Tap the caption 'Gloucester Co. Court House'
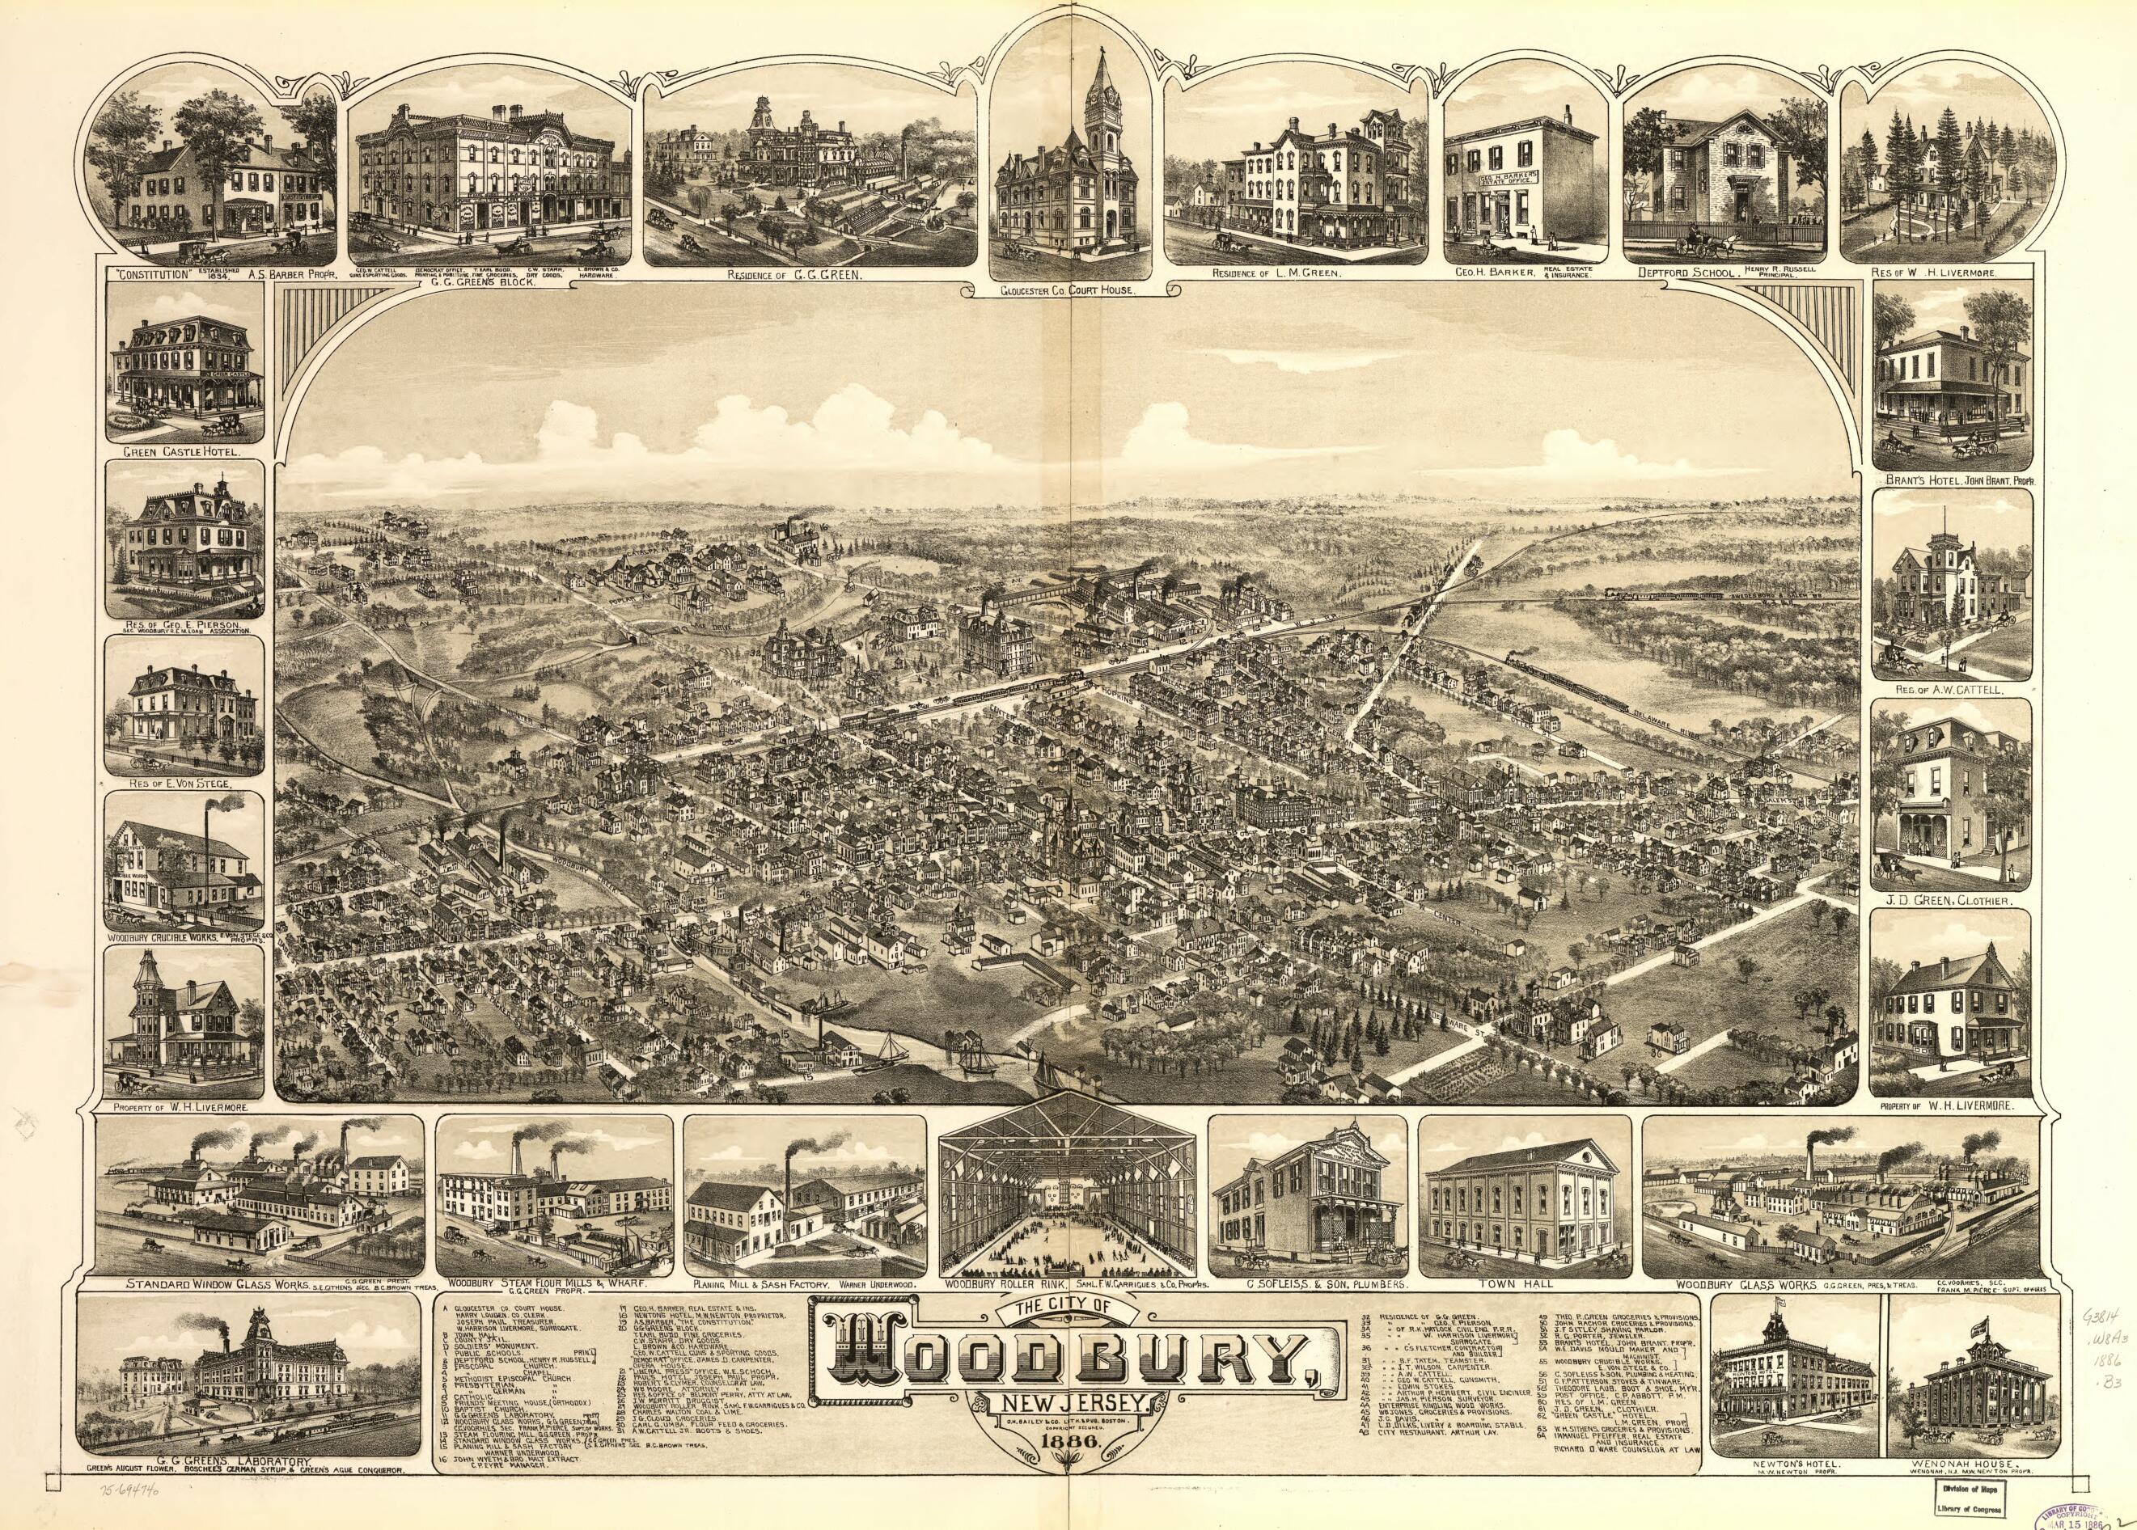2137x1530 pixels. click(x=1068, y=293)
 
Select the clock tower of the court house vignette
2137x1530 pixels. click(x=1098, y=104)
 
